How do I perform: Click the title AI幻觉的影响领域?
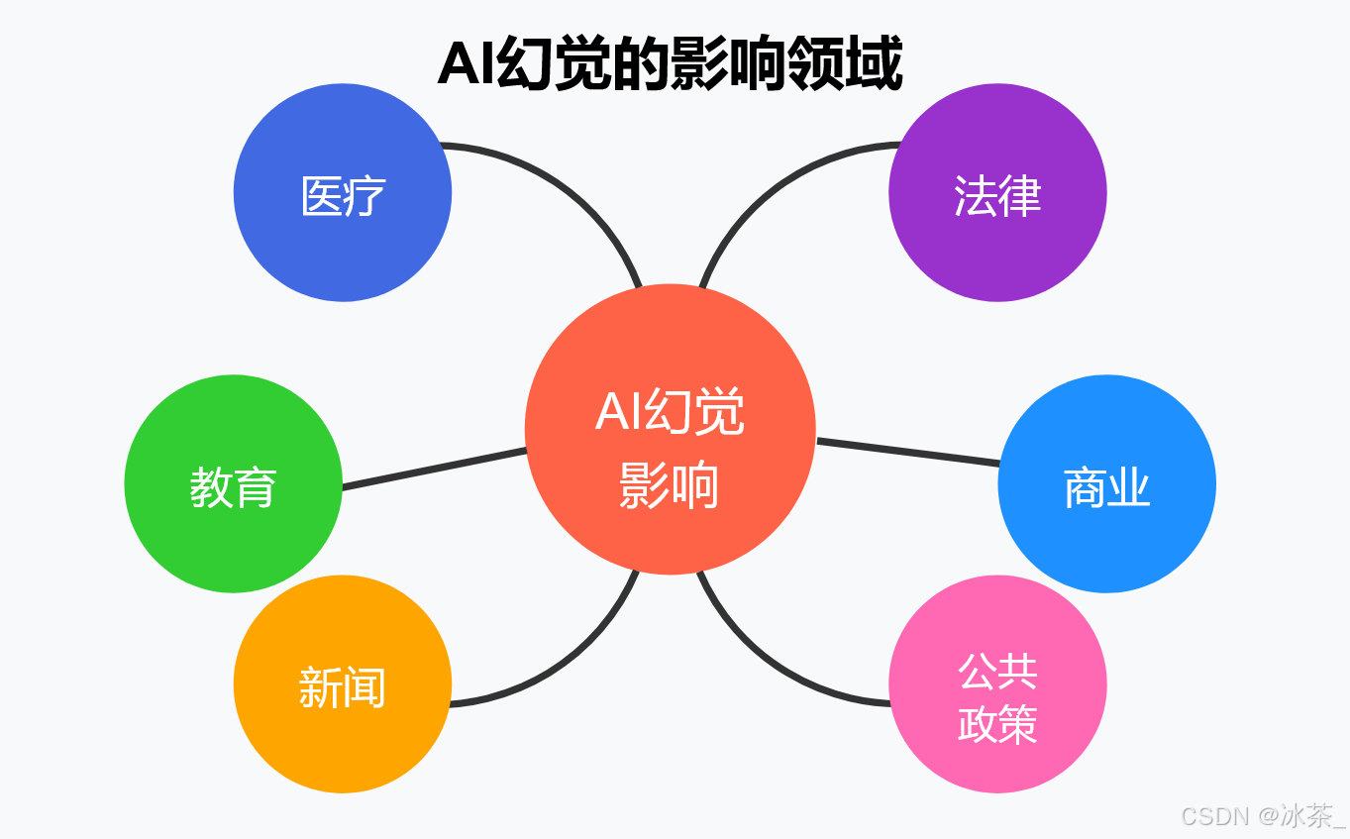pos(670,65)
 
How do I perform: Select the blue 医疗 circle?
pos(343,192)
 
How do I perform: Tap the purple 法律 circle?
pos(997,192)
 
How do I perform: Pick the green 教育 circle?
pos(234,483)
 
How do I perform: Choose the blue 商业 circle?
pos(1106,483)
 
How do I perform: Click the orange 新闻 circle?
pos(343,683)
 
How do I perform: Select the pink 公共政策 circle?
pos(997,683)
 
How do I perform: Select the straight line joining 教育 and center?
pos(434,468)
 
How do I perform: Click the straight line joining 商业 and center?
pos(906,452)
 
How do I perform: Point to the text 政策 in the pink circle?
pos(997,724)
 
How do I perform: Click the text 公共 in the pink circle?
pos(997,672)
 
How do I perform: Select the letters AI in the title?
pos(466,65)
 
